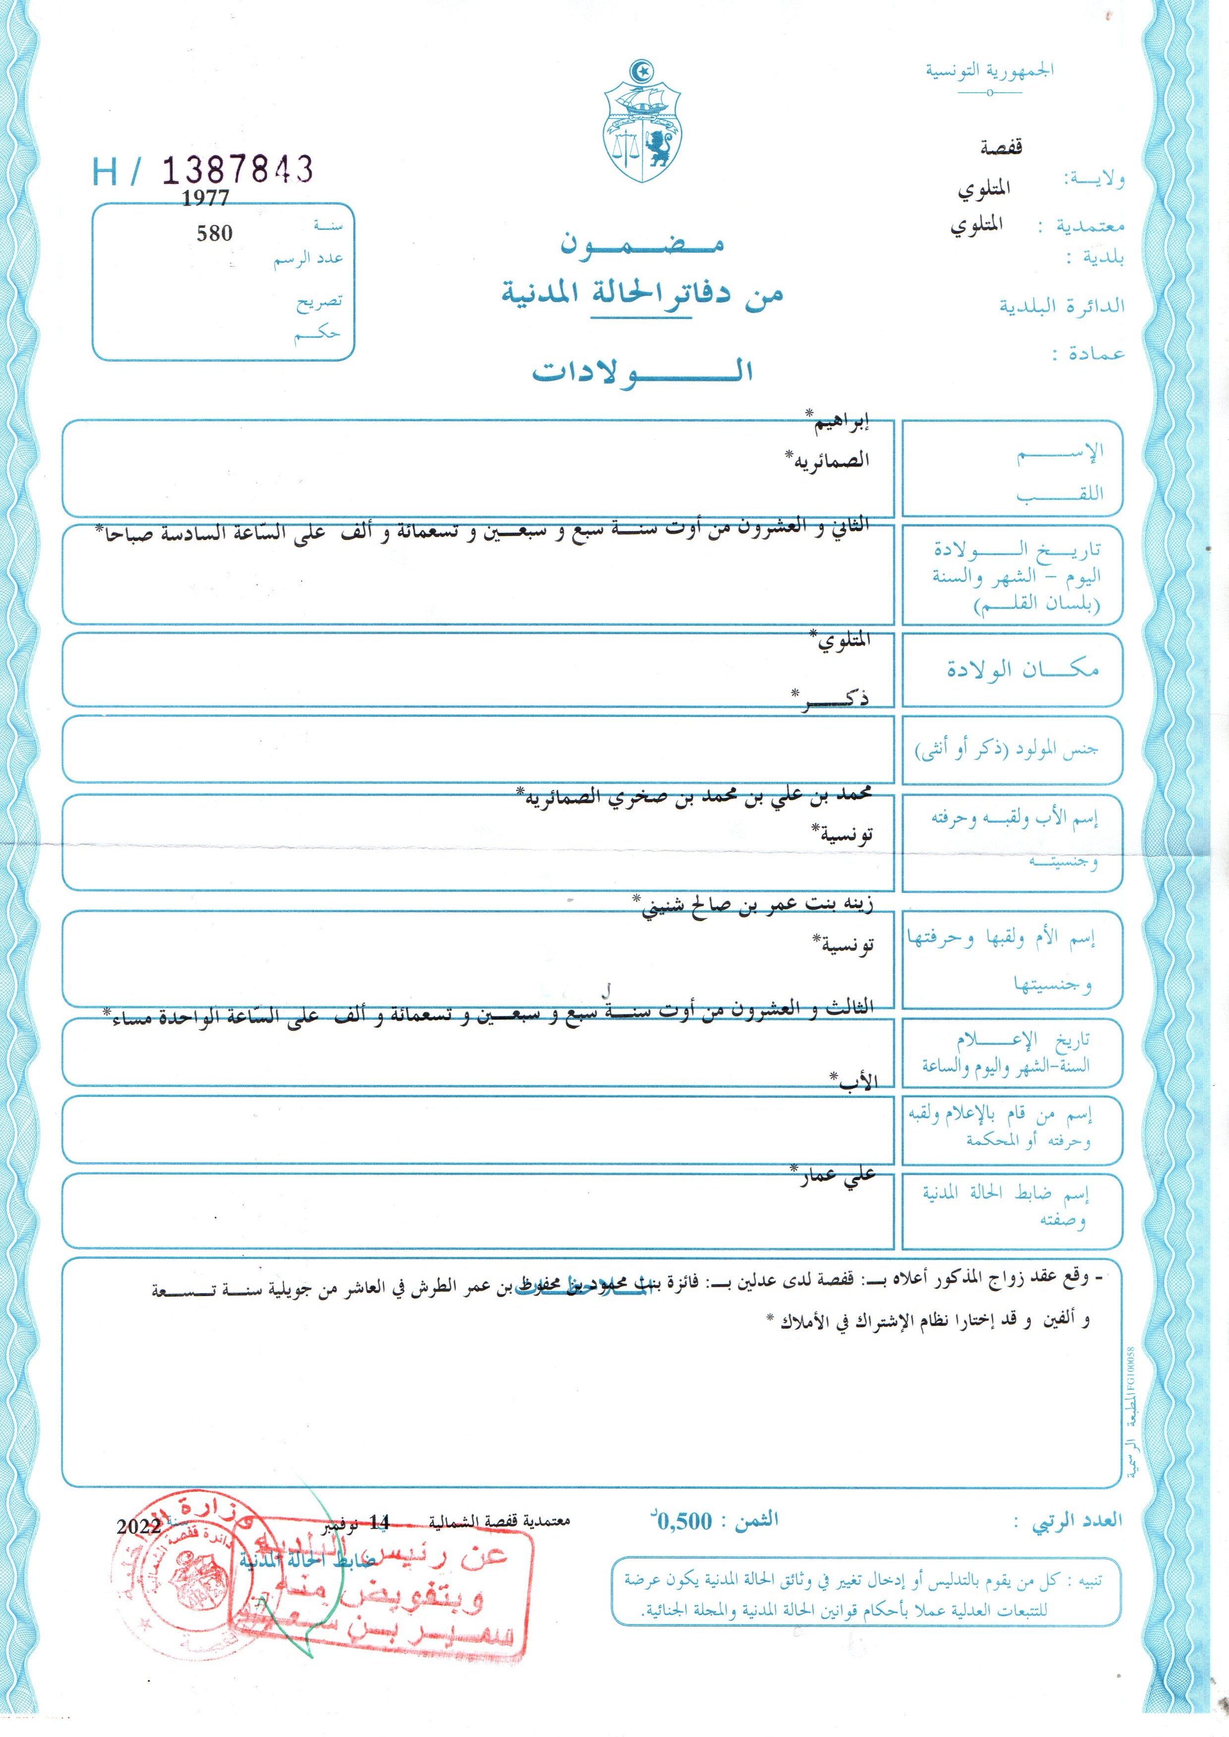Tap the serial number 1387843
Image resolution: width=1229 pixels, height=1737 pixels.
tap(237, 169)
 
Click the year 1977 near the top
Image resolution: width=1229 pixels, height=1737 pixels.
tap(205, 198)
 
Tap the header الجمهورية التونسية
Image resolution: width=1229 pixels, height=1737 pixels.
tap(990, 71)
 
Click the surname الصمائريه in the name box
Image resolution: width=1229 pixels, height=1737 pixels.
tap(829, 459)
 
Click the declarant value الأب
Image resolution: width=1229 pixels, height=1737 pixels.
tap(857, 1082)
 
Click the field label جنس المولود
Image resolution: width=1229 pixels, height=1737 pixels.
tap(1007, 749)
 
